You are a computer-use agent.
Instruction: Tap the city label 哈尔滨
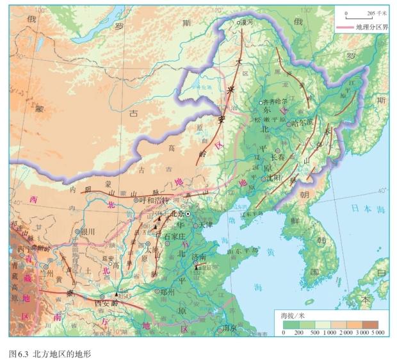303,122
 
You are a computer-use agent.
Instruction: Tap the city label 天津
205,225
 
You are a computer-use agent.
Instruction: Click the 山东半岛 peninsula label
241,252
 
